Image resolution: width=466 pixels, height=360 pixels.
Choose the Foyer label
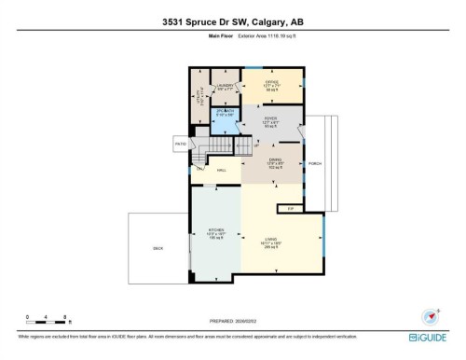(x=271, y=120)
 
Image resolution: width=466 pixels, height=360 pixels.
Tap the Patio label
(x=180, y=144)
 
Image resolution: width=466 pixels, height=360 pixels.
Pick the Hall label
(x=222, y=171)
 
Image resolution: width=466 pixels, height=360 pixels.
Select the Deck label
(x=158, y=249)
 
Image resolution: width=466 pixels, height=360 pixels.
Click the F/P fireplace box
(x=290, y=210)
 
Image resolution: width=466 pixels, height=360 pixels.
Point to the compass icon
(x=430, y=315)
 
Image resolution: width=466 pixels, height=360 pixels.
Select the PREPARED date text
(x=232, y=317)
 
